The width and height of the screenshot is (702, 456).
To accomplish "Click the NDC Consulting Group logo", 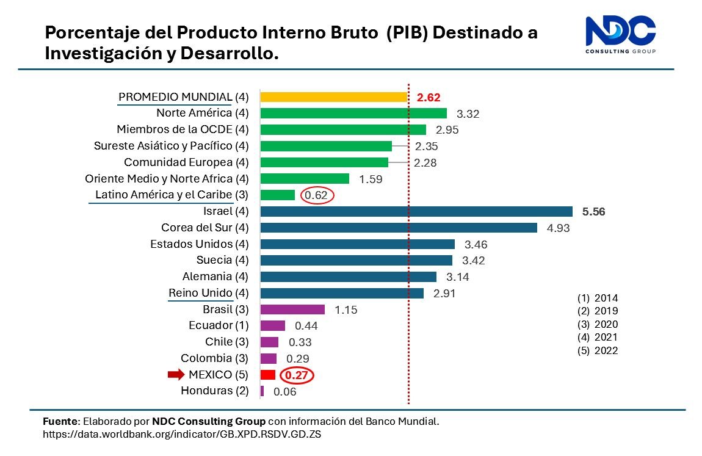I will click(620, 35).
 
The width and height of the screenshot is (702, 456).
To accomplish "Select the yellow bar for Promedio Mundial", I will click(333, 96).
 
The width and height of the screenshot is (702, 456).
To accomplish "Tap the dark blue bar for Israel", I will click(416, 211).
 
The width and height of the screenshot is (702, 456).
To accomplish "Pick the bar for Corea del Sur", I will click(398, 228).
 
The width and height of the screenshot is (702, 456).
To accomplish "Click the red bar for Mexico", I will click(268, 374).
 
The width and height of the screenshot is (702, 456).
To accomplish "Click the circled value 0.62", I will click(317, 195).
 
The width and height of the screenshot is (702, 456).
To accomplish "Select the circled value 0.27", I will click(296, 375).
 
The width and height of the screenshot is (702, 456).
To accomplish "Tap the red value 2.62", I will click(428, 97).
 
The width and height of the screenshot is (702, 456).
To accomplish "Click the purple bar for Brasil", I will click(292, 309).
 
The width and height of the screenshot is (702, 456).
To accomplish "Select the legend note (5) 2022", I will click(597, 350).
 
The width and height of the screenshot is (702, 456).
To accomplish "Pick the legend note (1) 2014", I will click(597, 299).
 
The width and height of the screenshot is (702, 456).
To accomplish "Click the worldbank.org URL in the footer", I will click(182, 434).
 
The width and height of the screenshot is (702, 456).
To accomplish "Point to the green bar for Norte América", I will click(353, 113).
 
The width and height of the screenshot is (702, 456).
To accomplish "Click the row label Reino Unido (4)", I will click(209, 293).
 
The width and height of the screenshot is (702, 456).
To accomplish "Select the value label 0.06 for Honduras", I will click(284, 392).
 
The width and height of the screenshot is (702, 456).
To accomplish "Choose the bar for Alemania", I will click(348, 277).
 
